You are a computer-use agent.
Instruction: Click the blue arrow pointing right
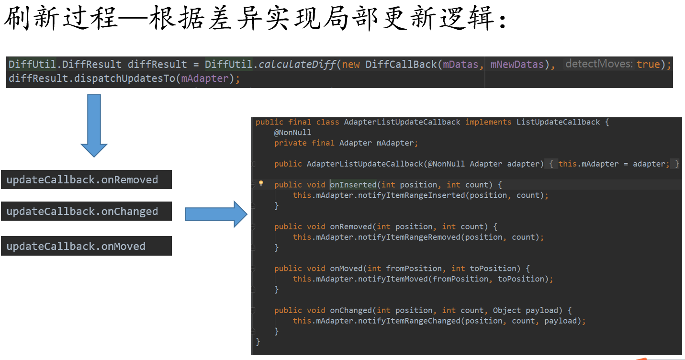pos(216,214)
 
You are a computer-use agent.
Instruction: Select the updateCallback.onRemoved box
pos(86,180)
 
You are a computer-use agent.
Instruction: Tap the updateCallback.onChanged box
pos(86,212)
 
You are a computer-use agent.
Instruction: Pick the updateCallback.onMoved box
pos(86,247)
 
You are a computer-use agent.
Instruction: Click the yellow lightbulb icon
pos(261,183)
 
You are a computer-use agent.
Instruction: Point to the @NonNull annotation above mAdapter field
pos(292,133)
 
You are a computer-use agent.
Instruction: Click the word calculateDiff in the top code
pos(297,64)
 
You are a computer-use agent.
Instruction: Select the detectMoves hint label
pos(599,64)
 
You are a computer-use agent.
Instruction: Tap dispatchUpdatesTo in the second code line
pos(125,79)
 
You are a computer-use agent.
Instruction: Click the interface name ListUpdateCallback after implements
pos(558,122)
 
